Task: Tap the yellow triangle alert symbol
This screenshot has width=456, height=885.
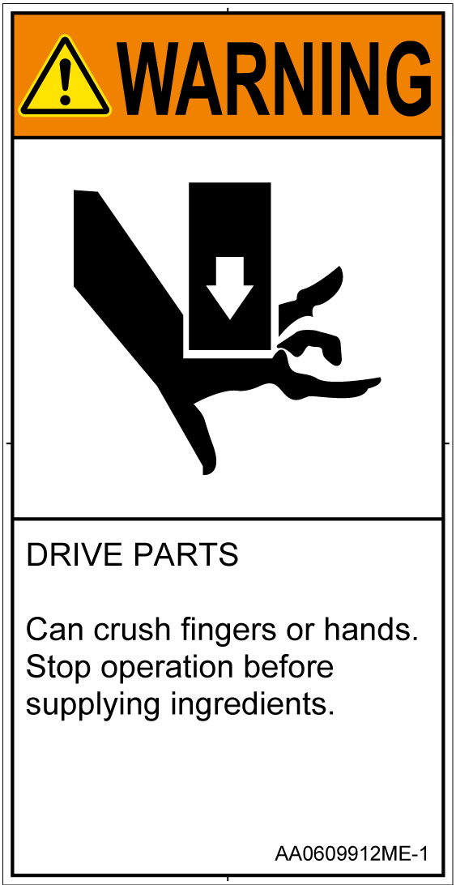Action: click(64, 77)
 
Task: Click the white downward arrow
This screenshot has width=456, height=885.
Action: click(229, 288)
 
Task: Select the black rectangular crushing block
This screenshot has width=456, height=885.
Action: click(230, 267)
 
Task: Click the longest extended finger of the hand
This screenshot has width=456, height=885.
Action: click(333, 387)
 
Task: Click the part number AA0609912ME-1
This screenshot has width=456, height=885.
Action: click(351, 853)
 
